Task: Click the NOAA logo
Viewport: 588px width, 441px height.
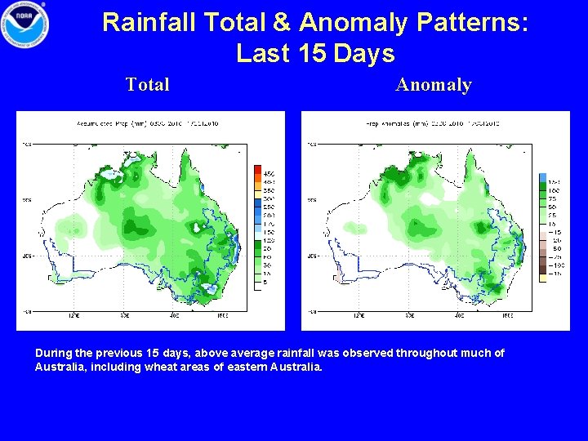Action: tap(24, 24)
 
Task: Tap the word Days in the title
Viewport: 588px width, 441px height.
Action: tap(363, 54)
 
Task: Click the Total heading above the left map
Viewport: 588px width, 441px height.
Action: tap(148, 84)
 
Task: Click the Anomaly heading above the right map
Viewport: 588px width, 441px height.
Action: tap(434, 84)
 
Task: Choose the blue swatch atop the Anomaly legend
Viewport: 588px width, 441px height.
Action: tap(543, 178)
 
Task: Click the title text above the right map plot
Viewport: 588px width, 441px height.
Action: tap(434, 123)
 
